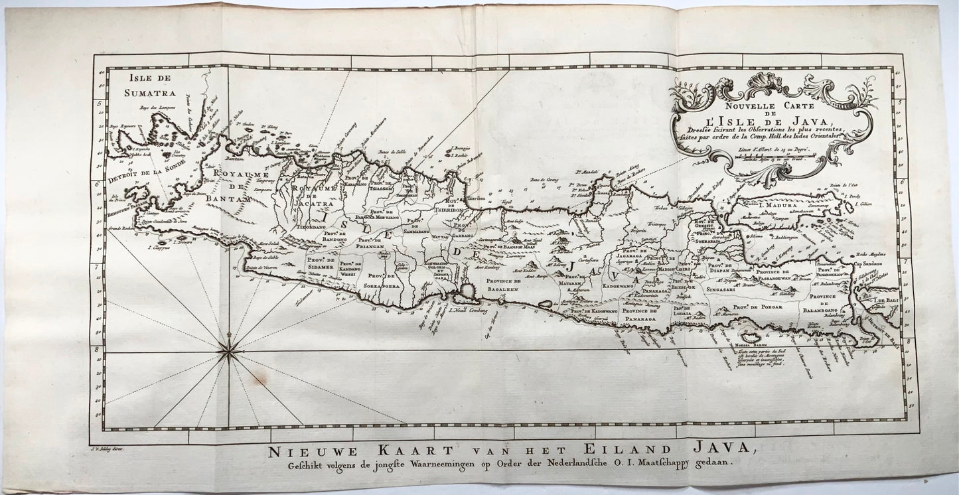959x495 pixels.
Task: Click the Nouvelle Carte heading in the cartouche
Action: (771, 104)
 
